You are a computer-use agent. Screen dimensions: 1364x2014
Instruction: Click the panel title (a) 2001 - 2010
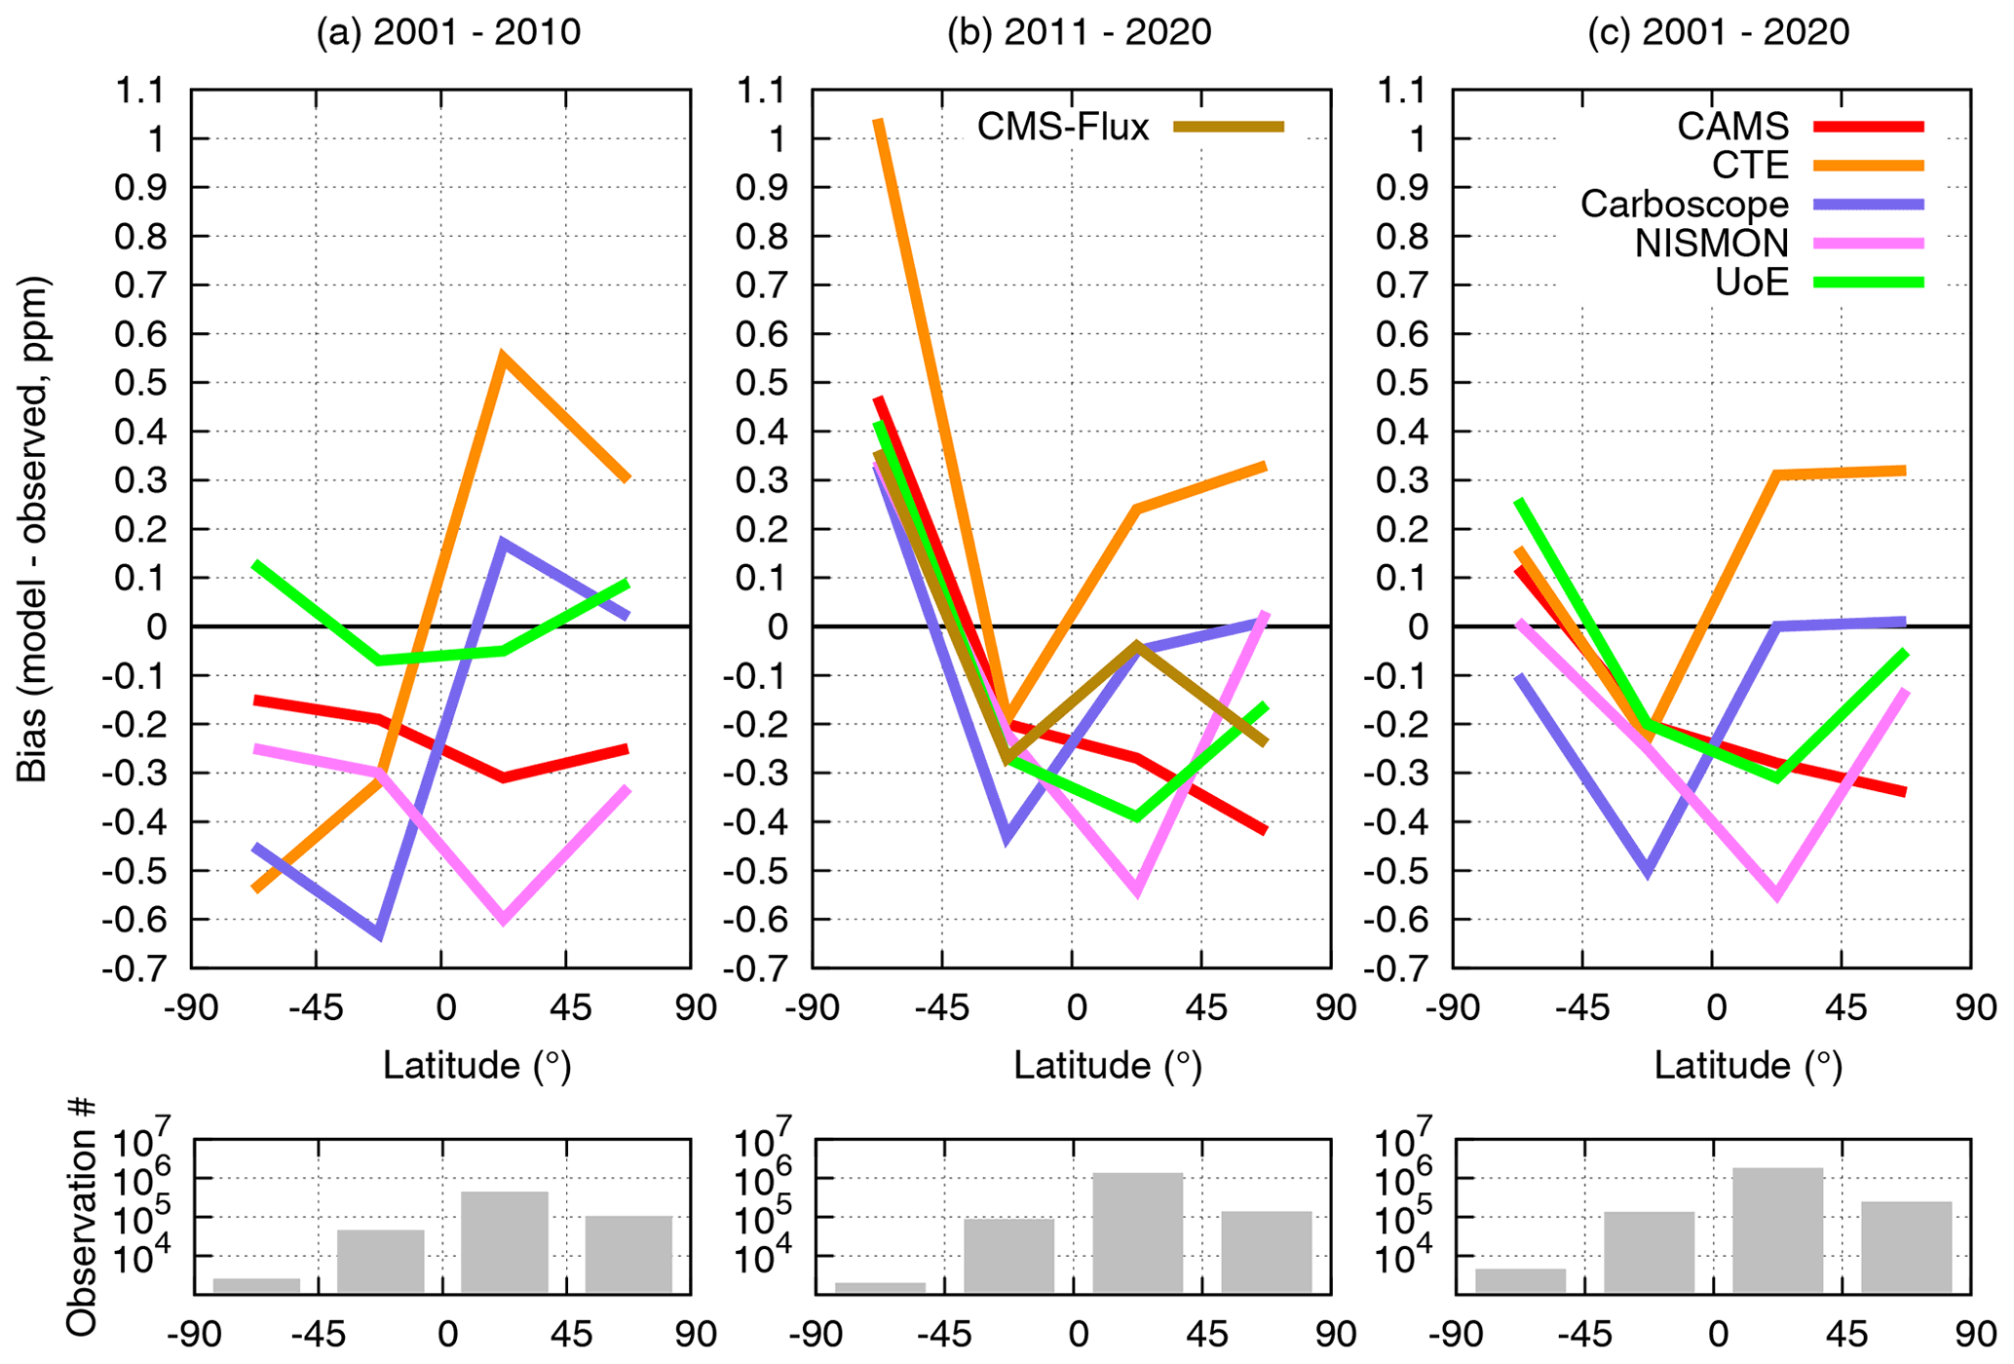coord(448,32)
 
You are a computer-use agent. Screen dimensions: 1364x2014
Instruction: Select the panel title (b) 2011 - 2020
coord(1079,32)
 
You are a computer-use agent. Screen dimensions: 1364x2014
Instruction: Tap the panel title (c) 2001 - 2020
coord(1718,32)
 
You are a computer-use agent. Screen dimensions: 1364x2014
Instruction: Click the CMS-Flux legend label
coord(1063,127)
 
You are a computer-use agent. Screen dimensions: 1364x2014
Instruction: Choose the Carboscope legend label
coord(1684,204)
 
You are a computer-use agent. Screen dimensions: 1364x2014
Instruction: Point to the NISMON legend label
coord(1711,243)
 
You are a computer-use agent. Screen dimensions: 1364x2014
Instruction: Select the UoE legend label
coord(1752,282)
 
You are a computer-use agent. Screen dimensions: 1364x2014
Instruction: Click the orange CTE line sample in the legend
coord(1869,166)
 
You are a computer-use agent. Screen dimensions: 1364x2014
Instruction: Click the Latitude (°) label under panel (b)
coord(1108,1065)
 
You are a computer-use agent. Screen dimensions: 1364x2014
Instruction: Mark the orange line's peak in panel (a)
coord(502,357)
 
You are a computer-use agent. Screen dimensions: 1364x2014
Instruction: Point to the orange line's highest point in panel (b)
coord(879,121)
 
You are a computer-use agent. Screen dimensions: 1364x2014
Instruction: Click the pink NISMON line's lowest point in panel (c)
coord(1777,894)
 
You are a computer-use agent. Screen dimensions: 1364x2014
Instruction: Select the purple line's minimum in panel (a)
coord(378,934)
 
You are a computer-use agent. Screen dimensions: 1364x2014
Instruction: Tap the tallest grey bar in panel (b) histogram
coord(1137,1232)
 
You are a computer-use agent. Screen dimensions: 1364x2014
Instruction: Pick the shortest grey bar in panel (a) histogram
coord(256,1285)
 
